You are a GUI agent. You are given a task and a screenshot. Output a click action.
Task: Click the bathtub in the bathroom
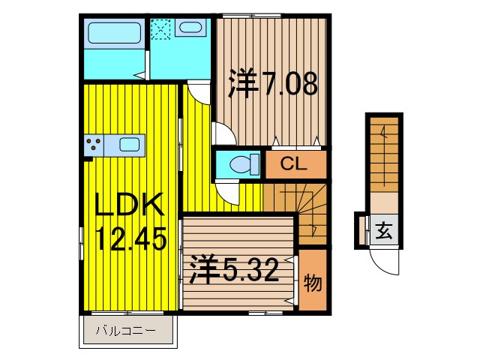pyautogui.click(x=113, y=33)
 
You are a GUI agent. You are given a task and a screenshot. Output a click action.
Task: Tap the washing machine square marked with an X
pyautogui.click(x=161, y=29)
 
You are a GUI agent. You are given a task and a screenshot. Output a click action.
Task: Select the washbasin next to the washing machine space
pyautogui.click(x=192, y=29)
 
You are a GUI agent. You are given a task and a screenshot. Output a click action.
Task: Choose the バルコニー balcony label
pyautogui.click(x=125, y=331)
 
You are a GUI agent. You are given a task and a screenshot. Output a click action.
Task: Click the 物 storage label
pyautogui.click(x=313, y=283)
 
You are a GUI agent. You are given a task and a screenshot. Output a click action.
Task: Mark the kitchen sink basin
pyautogui.click(x=130, y=145)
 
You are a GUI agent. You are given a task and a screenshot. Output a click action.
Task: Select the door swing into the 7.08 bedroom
pyautogui.click(x=225, y=133)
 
